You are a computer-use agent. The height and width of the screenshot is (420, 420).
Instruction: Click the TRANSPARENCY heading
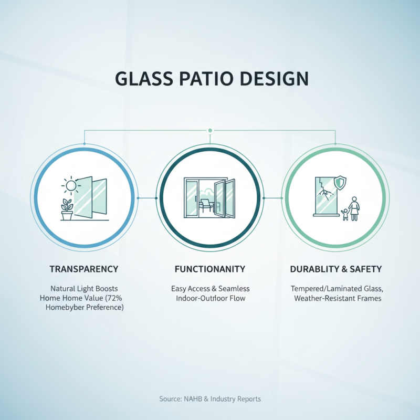(84, 269)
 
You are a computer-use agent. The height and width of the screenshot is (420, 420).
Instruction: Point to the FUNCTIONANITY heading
(210, 269)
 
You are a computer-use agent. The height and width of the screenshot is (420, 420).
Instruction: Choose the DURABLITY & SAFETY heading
(336, 269)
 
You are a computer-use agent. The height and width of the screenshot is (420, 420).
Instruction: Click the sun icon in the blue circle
(70, 185)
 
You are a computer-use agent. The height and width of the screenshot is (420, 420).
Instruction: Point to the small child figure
(345, 214)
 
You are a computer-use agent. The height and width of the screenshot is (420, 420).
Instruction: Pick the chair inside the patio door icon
(205, 206)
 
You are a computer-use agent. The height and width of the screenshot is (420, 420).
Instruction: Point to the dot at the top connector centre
(210, 130)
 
